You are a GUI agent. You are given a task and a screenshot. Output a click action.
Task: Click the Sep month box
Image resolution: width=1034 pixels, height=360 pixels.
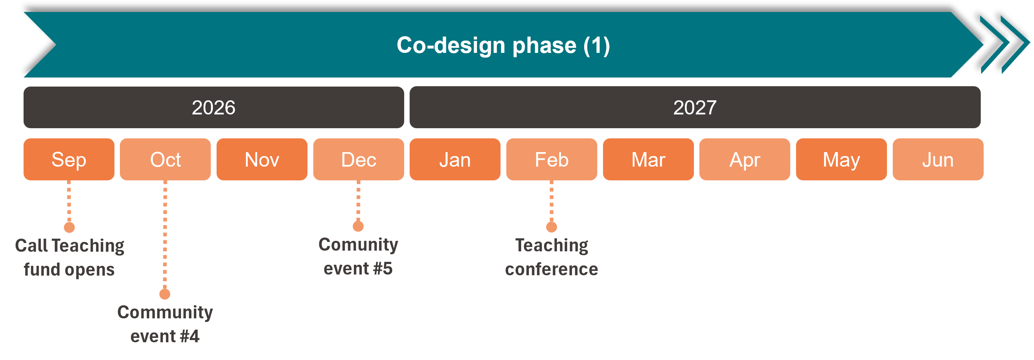point(69,159)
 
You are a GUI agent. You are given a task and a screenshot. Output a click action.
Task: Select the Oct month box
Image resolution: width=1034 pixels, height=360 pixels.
point(166,159)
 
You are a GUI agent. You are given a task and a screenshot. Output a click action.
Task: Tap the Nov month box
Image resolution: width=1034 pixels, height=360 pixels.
point(262,159)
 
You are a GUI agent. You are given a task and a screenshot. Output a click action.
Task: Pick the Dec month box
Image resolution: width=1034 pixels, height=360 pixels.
point(359,159)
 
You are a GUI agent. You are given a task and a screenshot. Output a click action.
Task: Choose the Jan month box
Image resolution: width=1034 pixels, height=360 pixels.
point(455,159)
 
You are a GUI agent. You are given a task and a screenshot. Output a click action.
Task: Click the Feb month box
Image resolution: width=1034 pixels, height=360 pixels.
point(552,159)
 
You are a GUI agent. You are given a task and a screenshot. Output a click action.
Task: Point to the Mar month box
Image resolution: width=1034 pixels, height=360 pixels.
point(649,159)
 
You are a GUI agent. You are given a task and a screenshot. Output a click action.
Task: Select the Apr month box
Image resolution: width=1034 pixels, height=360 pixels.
point(745,159)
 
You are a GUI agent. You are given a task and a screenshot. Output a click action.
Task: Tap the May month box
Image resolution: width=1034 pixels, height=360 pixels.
point(842,159)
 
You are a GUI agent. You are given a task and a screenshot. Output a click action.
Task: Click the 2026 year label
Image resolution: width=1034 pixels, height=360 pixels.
point(214,108)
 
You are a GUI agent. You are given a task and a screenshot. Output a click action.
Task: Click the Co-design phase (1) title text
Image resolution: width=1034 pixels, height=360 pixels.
point(503,45)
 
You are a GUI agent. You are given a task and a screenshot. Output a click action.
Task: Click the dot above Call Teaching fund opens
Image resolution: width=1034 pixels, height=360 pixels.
point(70,227)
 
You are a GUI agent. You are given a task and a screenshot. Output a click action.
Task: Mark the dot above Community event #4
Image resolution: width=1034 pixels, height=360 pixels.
point(165,294)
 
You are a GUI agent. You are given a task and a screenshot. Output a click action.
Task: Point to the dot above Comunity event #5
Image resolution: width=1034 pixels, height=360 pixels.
point(359,226)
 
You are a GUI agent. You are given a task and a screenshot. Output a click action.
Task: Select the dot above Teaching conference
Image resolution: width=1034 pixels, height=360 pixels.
point(552,227)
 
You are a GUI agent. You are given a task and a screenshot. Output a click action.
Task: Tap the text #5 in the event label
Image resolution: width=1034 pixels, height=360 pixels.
point(382,268)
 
